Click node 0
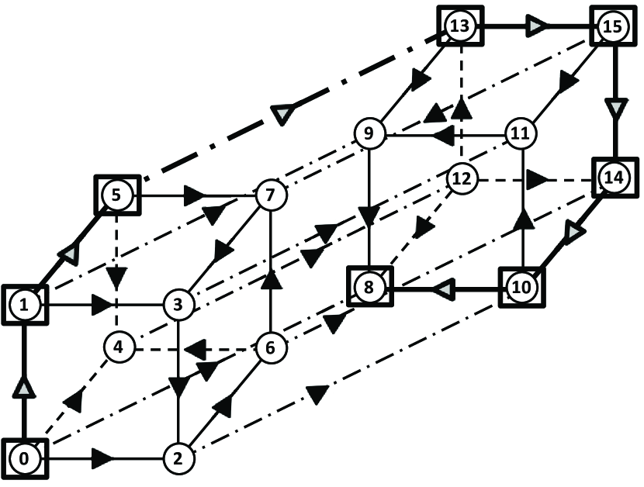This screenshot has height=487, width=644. coord(24,458)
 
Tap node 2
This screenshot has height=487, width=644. coord(178,458)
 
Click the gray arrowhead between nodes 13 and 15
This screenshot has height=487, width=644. coord(536,27)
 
